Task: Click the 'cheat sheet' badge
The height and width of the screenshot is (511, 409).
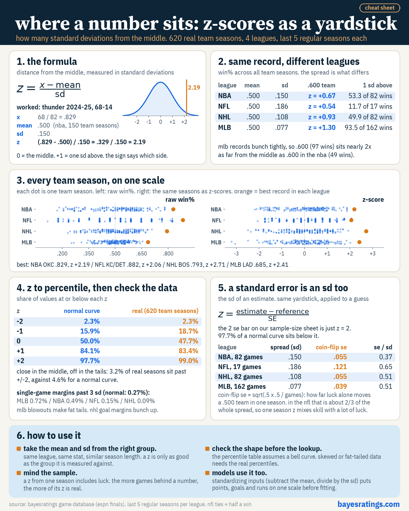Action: click(380, 8)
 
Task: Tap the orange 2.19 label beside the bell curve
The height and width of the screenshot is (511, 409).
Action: click(194, 88)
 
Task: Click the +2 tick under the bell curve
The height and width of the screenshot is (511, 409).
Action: click(184, 122)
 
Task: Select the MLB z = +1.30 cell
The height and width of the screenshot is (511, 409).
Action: click(322, 128)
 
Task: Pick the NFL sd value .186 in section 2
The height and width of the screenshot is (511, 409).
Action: click(281, 106)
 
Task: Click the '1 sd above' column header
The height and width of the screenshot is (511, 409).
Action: click(377, 85)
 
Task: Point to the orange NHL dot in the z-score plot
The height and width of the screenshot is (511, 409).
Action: click(366, 231)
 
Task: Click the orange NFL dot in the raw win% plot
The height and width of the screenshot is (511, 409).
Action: click(183, 220)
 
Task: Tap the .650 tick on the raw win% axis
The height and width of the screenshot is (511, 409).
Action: click(142, 254)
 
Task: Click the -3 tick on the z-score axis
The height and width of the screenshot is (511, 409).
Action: click(236, 254)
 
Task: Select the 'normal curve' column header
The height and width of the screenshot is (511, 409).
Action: click(82, 311)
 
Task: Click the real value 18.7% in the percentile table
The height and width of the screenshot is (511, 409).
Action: click(188, 331)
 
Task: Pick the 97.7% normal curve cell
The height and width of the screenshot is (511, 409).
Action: click(90, 361)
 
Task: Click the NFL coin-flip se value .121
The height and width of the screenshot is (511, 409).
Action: click(340, 367)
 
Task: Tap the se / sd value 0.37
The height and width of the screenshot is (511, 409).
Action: click(386, 357)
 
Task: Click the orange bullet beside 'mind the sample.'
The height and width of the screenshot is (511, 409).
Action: click(19, 473)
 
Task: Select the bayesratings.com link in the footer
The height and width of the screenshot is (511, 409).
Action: click(369, 504)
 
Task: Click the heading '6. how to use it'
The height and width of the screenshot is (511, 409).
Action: click(49, 436)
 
